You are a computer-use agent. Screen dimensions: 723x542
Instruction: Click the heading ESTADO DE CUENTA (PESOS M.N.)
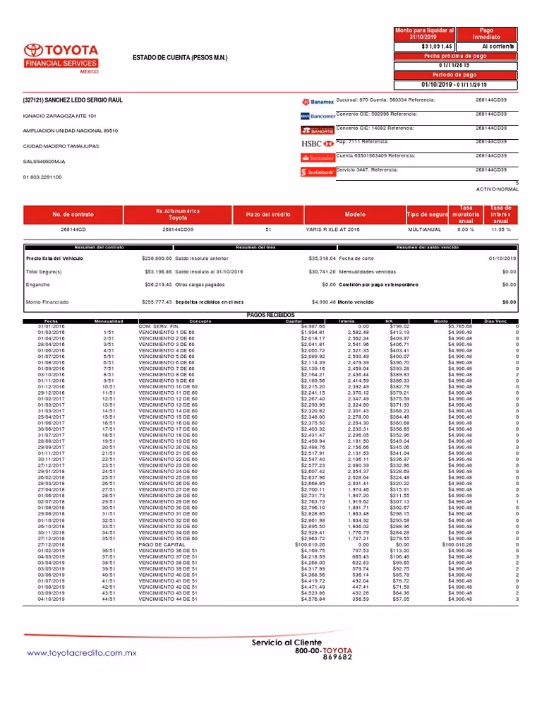point(181,56)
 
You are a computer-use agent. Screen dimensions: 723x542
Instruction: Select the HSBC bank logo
point(318,143)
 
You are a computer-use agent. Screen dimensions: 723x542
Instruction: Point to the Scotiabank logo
point(318,171)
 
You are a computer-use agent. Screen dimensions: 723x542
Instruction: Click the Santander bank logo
point(318,157)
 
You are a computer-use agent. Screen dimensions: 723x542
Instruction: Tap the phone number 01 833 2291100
point(42,177)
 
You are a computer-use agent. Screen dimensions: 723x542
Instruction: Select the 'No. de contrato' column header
point(73,214)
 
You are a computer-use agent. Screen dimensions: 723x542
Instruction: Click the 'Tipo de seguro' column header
point(428,214)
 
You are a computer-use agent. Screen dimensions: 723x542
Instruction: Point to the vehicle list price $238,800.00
point(157,259)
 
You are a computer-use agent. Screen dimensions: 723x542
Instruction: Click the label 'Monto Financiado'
point(47,301)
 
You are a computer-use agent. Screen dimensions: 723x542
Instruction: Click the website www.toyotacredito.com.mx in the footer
point(81,653)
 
